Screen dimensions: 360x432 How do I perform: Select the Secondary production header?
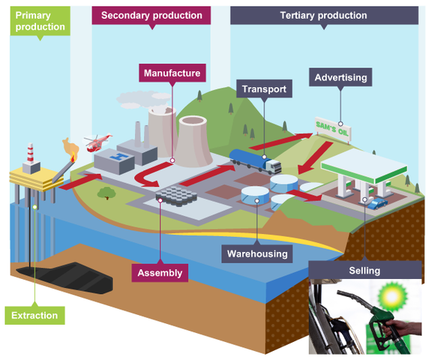tap(151, 15)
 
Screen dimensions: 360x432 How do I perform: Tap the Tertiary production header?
tap(323, 15)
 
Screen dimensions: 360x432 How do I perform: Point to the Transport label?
tap(262, 89)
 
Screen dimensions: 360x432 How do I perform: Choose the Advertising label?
tap(340, 77)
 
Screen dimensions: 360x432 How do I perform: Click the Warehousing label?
tap(257, 253)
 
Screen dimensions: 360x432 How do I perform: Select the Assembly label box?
tap(159, 272)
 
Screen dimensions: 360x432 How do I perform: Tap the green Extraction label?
tap(34, 315)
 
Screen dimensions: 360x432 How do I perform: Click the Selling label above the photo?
tap(364, 270)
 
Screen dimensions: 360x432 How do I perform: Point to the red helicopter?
tap(97, 142)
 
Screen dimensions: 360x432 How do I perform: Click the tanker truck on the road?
tap(255, 160)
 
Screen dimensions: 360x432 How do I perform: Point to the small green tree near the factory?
tap(106, 193)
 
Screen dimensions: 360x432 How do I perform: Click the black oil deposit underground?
tap(71, 274)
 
